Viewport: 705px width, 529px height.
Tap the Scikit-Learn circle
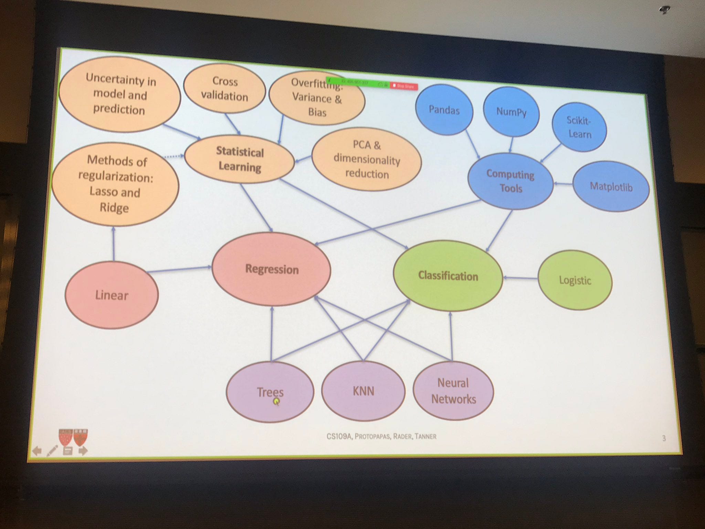pyautogui.click(x=579, y=127)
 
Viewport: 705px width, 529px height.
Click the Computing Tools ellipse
pyautogui.click(x=511, y=181)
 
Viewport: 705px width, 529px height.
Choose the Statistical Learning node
pyautogui.click(x=240, y=159)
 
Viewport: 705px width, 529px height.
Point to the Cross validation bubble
pyautogui.click(x=224, y=89)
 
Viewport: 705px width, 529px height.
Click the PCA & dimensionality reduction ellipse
pyautogui.click(x=367, y=159)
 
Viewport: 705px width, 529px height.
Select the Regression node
pyautogui.click(x=272, y=269)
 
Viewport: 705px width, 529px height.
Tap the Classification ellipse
pyautogui.click(x=448, y=276)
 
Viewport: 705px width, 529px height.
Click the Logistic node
pyautogui.click(x=575, y=280)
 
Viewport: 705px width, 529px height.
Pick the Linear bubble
pyautogui.click(x=112, y=295)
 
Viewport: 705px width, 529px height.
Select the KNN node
pyautogui.click(x=363, y=391)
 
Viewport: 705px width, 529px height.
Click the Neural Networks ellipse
pyautogui.click(x=453, y=391)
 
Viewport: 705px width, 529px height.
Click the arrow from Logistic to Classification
pyautogui.click(x=520, y=278)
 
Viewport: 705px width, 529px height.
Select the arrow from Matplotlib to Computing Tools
pyautogui.click(x=563, y=184)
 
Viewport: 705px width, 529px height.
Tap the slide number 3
pyautogui.click(x=664, y=438)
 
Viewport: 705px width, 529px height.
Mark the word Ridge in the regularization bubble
pyautogui.click(x=114, y=208)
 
